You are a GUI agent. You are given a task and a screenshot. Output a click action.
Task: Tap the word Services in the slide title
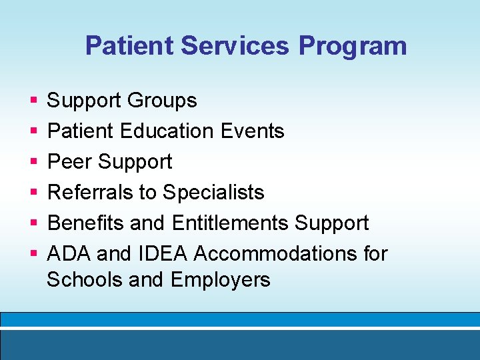235,46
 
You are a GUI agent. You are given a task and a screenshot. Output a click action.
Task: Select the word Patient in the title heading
129,46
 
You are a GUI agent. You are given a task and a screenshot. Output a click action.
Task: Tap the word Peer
69,162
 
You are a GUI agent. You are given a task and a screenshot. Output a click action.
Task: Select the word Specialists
213,193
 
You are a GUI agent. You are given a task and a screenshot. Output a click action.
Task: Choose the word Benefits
86,223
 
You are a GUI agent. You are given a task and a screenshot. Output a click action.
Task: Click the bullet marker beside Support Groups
33,101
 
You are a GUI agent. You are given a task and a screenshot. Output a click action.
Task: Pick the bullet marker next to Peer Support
33,163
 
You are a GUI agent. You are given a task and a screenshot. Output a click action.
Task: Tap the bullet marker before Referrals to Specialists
33,193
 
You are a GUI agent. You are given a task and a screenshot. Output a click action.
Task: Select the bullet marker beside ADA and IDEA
33,255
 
